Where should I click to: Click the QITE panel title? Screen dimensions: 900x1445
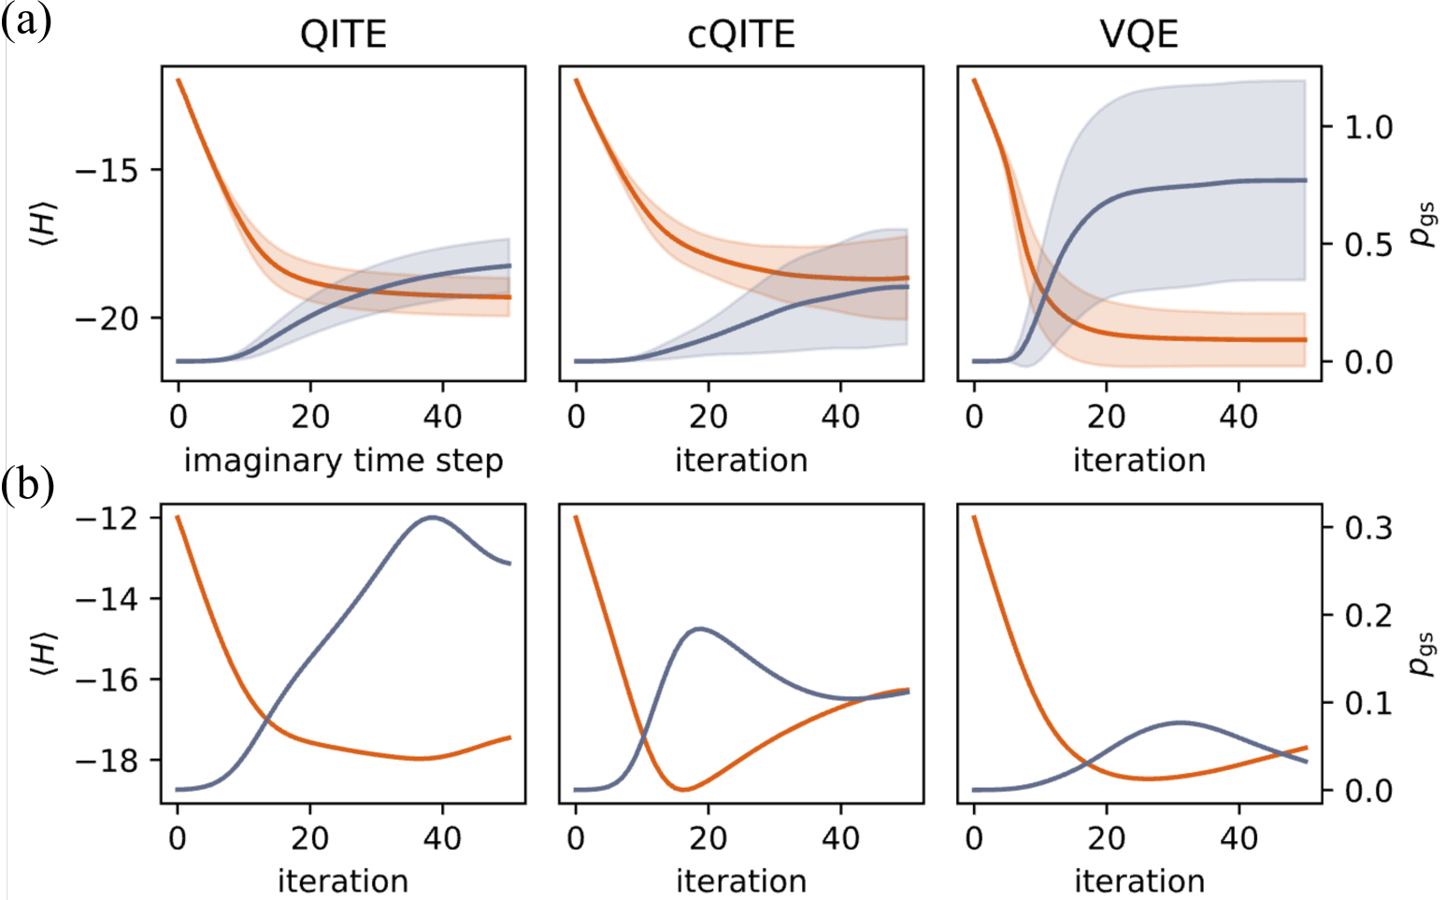(343, 35)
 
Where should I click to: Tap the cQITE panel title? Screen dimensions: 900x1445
(741, 35)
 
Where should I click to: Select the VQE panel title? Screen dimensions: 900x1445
(1138, 35)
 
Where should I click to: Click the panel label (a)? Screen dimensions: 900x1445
(25, 20)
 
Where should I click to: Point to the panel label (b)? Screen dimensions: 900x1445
(27, 486)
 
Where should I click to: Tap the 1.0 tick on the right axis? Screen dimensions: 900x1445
(1368, 127)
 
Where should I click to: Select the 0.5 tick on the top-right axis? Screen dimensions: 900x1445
(1368, 245)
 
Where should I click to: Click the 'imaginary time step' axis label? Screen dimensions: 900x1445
(343, 461)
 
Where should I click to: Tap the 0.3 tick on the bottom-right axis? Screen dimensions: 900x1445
(1368, 528)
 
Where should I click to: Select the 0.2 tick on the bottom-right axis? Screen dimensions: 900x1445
(1368, 615)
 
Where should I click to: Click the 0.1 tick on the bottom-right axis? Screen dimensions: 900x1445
(1368, 703)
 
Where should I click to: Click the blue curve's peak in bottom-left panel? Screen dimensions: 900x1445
(432, 517)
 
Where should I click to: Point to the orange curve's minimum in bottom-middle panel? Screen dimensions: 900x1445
(683, 790)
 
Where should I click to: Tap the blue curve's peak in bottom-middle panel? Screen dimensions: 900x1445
(700, 629)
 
